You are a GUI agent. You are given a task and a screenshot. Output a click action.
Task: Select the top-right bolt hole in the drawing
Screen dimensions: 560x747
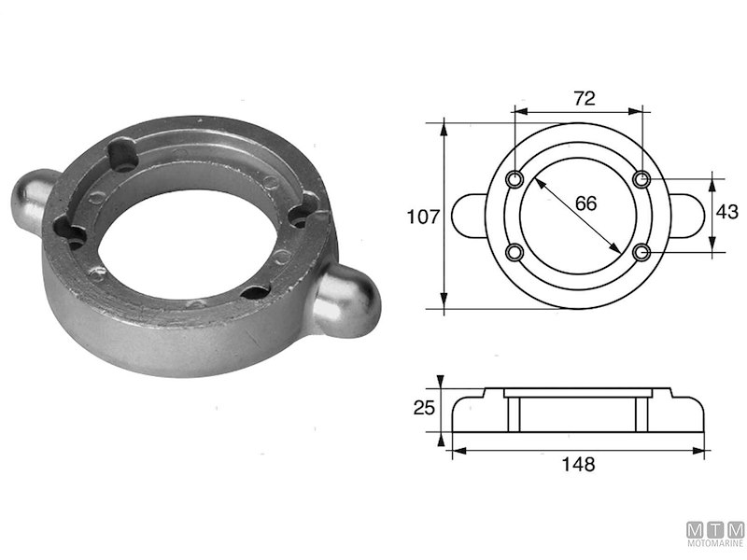[x=641, y=178]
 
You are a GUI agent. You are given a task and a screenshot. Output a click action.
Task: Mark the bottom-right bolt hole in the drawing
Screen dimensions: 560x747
[x=641, y=252]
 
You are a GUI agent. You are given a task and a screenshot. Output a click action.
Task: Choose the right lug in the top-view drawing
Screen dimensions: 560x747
[x=688, y=215]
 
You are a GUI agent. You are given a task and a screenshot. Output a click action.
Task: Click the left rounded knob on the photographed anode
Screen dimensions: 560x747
[x=34, y=198]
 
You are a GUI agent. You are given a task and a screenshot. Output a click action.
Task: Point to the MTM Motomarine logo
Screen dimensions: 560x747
[x=715, y=533]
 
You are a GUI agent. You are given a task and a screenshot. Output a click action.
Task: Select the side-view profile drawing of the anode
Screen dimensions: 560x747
[x=576, y=413]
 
